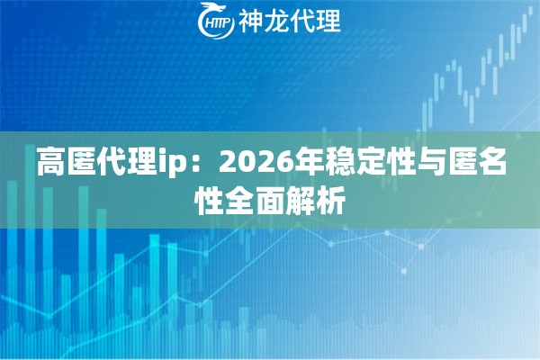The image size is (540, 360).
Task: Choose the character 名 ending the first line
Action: pos(498,164)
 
